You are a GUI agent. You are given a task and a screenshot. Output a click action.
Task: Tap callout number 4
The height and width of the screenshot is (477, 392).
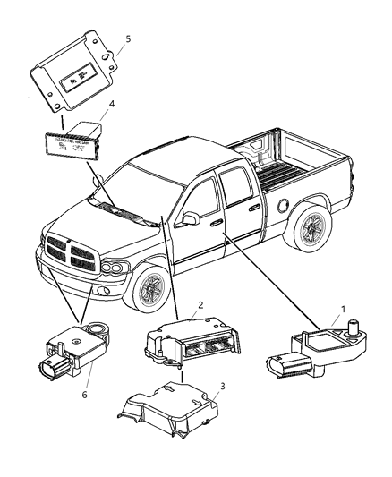112,106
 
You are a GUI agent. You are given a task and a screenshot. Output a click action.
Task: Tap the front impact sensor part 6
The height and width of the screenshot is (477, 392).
68,351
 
